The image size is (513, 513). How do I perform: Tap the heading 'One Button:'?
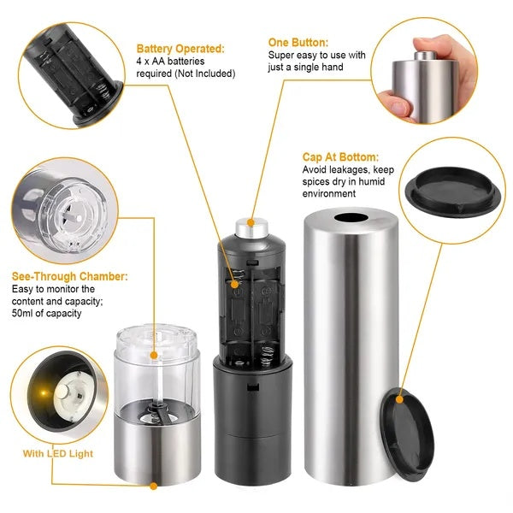click(297, 42)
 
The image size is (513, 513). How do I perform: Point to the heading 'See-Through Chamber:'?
click(70, 277)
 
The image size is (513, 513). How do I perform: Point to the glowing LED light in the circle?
click(40, 394)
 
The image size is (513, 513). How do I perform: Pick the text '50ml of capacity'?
click(47, 314)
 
